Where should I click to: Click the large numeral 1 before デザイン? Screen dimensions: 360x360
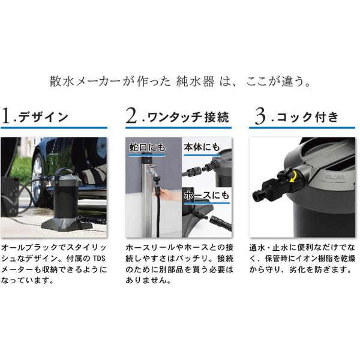click(7, 116)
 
